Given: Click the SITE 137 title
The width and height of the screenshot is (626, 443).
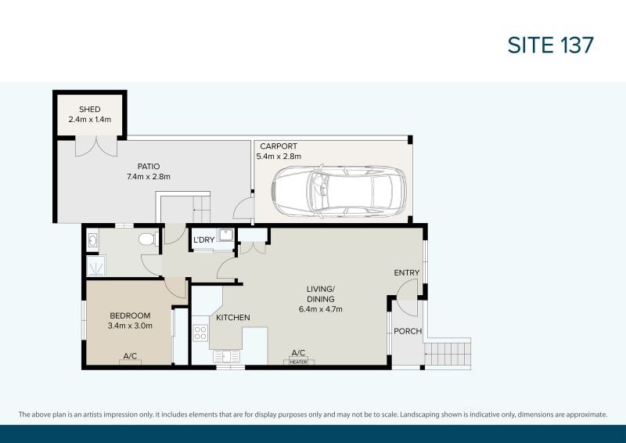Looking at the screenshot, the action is tap(551, 45).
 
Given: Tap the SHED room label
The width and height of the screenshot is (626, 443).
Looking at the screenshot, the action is tap(90, 109).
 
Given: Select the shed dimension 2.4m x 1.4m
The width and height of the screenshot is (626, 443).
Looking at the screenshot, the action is tap(90, 120).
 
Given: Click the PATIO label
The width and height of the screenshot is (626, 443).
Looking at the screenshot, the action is tap(149, 166).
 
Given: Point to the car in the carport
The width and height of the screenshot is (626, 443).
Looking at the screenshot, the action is tap(339, 192).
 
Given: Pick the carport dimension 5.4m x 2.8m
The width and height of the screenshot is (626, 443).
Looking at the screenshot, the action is tap(279, 157).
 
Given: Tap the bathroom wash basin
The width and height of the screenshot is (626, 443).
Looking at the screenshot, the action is tap(92, 240).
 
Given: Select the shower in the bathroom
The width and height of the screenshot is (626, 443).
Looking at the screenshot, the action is tap(96, 266).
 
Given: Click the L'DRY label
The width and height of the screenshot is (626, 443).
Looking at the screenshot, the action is tap(204, 240).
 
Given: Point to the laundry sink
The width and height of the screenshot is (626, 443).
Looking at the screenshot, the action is tap(225, 235).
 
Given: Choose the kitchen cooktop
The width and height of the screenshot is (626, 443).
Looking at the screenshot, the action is tap(200, 333).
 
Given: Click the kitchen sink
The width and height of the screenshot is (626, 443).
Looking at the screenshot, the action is tap(226, 356).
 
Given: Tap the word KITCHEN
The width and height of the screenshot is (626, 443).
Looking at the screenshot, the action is tap(233, 318).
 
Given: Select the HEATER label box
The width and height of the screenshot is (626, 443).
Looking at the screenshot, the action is tap(299, 362).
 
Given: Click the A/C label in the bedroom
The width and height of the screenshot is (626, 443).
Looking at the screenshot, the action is tap(130, 356).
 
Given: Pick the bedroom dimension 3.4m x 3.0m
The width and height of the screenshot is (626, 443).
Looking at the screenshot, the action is tap(130, 326).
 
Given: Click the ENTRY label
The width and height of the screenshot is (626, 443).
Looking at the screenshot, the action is tap(407, 273).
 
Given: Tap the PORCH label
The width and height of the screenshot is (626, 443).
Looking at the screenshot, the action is tap(408, 331).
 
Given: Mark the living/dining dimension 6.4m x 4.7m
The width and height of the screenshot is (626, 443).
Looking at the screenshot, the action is tap(321, 309).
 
